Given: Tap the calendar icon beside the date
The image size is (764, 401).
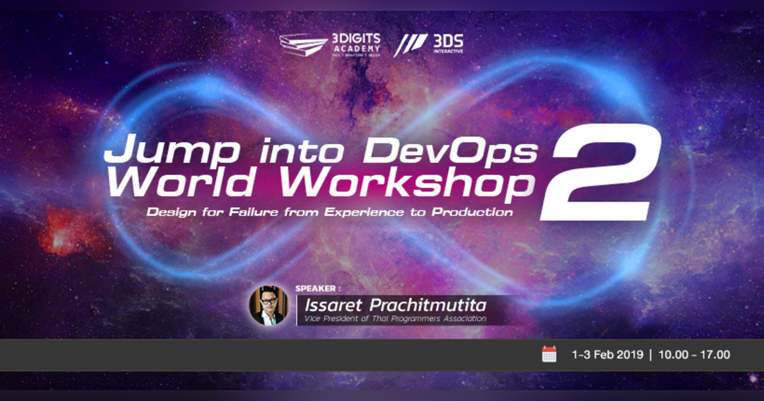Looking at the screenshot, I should [549, 355].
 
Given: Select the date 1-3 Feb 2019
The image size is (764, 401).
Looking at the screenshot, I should [608, 355].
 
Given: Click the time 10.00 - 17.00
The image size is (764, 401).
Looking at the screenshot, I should [695, 355].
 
